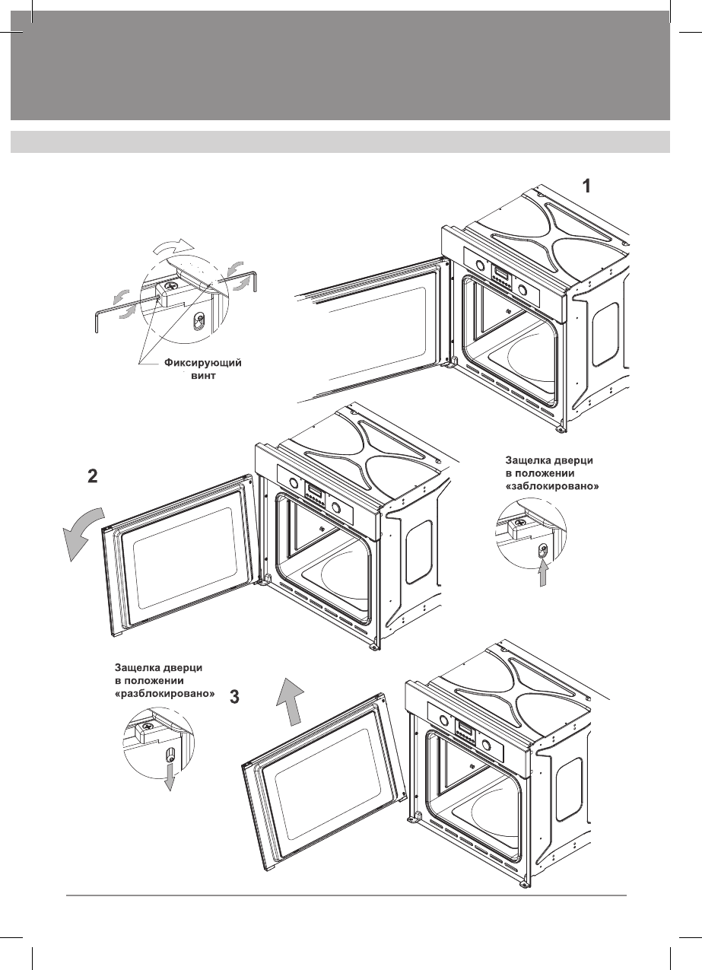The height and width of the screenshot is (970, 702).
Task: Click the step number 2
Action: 92,477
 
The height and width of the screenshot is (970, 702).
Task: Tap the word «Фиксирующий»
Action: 203,363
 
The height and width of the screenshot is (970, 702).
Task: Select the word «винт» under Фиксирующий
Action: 202,376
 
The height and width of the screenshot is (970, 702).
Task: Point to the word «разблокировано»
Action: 160,695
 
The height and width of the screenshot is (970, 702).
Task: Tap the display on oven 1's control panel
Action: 501,274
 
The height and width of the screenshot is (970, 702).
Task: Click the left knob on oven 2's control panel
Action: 292,482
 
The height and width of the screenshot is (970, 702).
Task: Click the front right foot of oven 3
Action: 524,883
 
